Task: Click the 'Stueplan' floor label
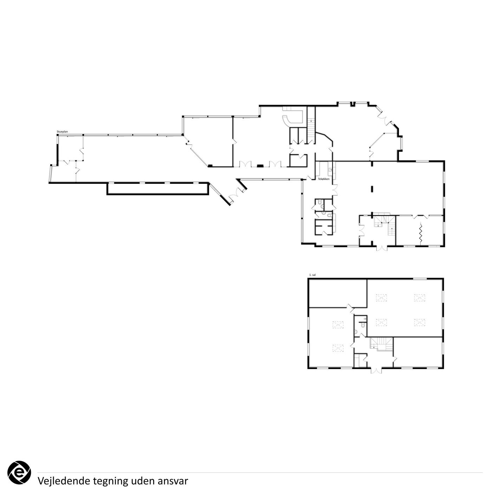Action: (62, 132)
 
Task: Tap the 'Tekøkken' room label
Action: (324, 179)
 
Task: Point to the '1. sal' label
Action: (312, 275)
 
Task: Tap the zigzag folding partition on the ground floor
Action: (421, 233)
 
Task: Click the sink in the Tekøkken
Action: (331, 169)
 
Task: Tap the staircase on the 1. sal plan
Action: (381, 344)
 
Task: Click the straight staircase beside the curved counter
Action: (311, 125)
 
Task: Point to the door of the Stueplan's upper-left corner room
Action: (82, 151)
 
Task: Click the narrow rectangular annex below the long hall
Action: (157, 189)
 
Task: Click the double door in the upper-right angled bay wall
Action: (384, 119)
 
